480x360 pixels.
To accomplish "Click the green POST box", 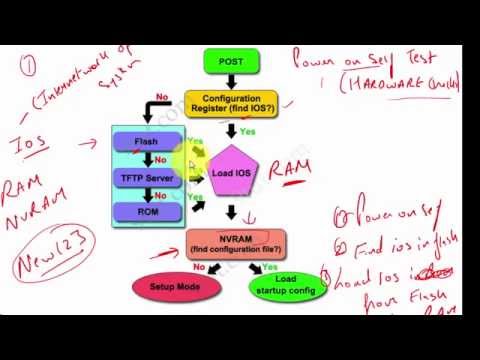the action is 230,62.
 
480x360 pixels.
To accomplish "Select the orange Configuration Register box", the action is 231,104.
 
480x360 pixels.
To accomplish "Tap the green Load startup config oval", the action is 288,286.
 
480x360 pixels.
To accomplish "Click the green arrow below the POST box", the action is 231,83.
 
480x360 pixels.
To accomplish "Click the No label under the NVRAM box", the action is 199,266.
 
